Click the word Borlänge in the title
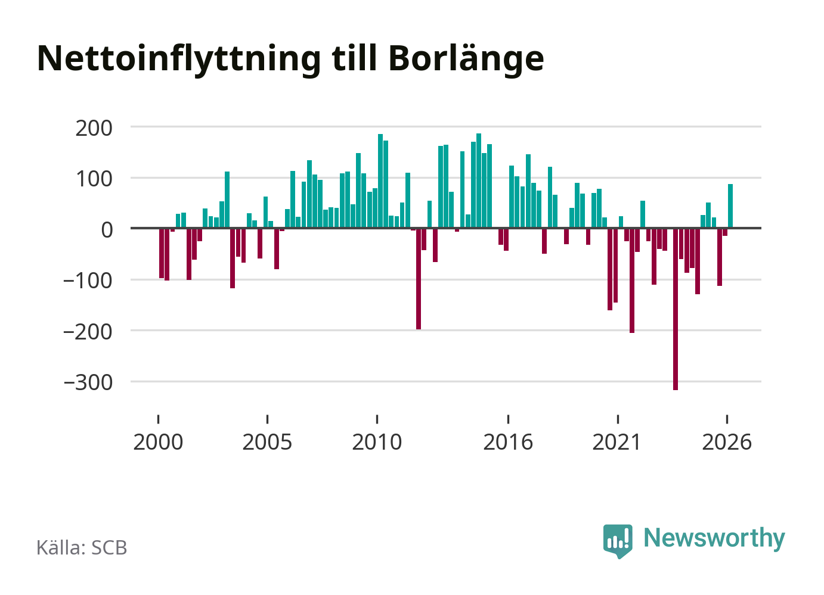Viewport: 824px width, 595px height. point(466,60)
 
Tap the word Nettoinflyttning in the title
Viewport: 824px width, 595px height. point(179,60)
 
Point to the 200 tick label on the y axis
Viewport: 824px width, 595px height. point(94,129)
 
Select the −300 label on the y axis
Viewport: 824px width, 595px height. point(88,383)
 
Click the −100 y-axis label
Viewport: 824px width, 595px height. point(88,281)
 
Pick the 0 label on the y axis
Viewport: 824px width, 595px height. point(107,230)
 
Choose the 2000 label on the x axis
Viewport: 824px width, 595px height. point(158,442)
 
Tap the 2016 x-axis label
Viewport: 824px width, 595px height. point(508,442)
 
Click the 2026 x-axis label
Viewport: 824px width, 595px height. point(727,442)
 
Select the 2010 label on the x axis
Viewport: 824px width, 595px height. point(377,442)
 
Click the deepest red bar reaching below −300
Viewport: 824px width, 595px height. point(676,309)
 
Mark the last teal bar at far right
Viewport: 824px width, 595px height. point(730,206)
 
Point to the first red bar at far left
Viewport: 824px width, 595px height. point(162,253)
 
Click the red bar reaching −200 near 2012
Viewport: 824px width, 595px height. point(419,279)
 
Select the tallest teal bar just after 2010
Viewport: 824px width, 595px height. point(380,181)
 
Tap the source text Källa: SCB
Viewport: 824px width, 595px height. point(82,547)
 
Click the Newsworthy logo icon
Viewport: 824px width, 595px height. point(618,541)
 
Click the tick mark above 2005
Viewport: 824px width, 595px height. point(268,419)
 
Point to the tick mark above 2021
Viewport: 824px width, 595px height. point(618,419)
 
